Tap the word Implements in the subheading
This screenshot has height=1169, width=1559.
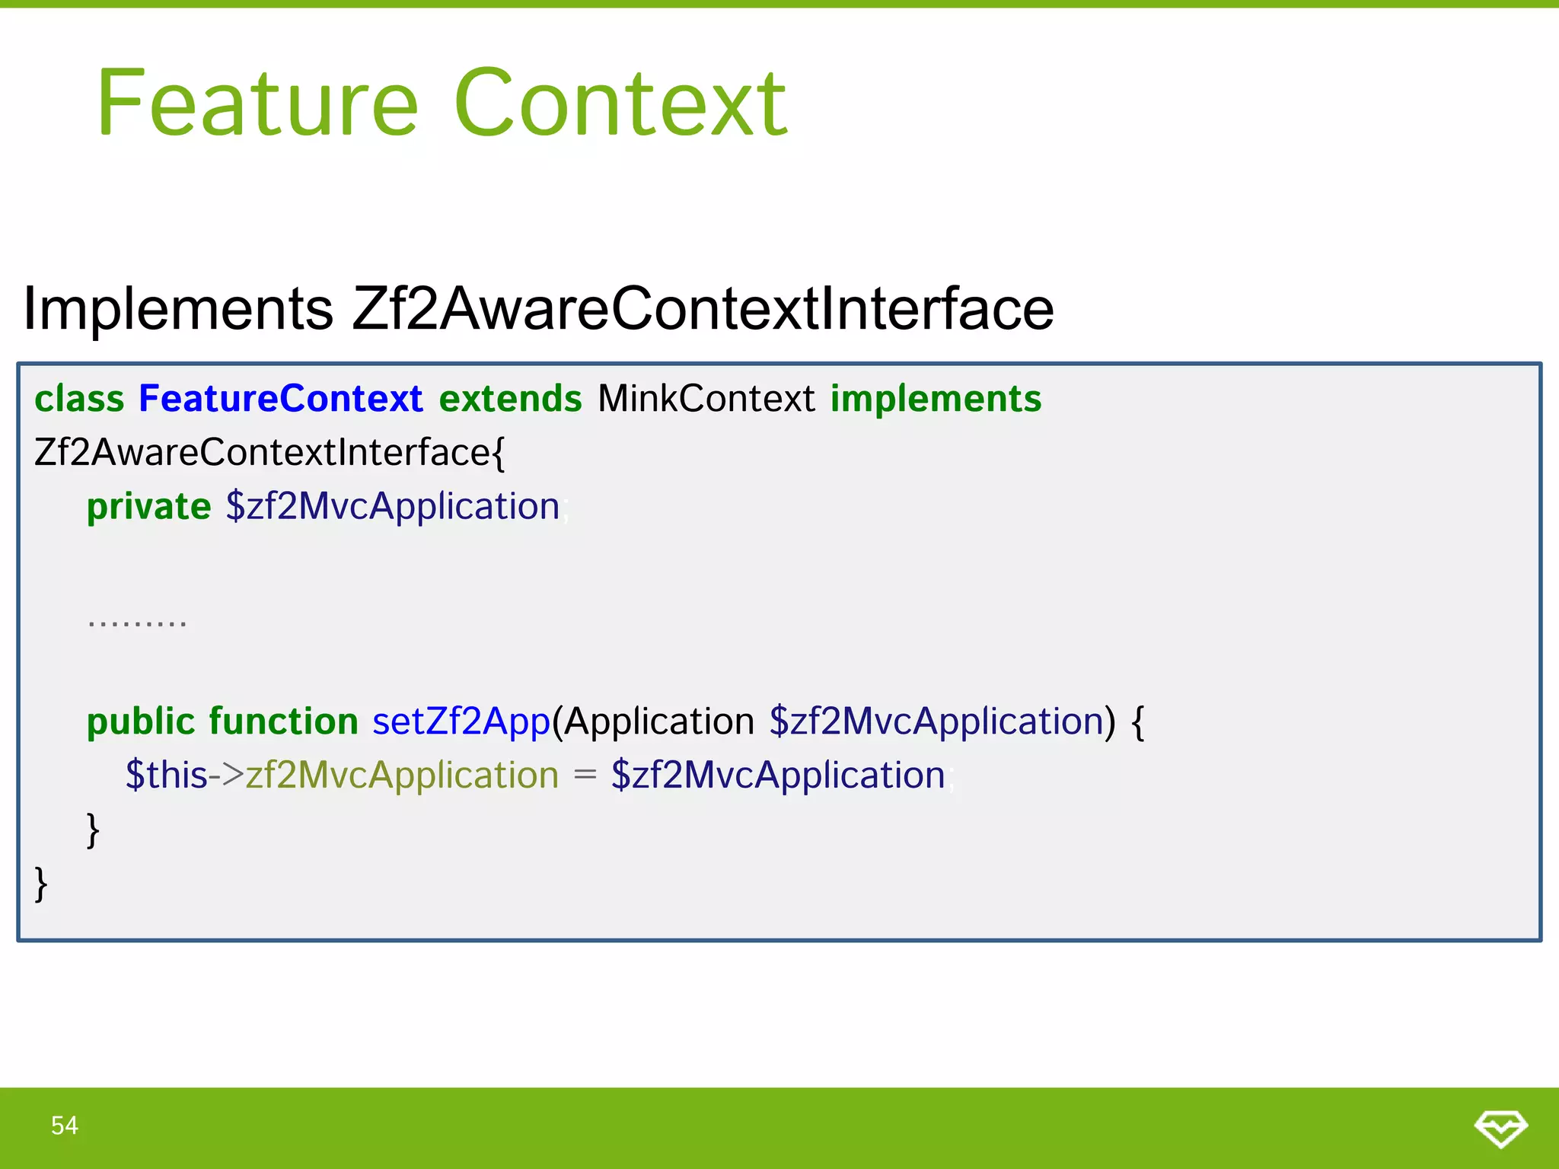(x=178, y=309)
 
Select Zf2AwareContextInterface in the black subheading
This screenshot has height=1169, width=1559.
(x=703, y=309)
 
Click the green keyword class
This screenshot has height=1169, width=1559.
(x=79, y=399)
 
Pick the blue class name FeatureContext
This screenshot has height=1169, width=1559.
(x=280, y=399)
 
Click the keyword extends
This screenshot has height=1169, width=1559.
(x=510, y=399)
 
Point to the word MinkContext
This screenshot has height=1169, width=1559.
(x=706, y=399)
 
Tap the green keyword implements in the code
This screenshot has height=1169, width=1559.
(x=936, y=399)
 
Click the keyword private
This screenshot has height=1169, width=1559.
(x=148, y=507)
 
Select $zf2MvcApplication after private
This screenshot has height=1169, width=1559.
(x=393, y=507)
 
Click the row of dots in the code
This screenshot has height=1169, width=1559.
(x=137, y=623)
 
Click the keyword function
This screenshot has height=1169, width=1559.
(x=283, y=721)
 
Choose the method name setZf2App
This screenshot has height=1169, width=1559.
(x=461, y=721)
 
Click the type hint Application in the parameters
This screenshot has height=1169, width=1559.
(x=659, y=721)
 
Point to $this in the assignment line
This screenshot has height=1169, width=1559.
(x=166, y=776)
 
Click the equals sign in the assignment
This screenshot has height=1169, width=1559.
(x=585, y=776)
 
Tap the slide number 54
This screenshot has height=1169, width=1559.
(x=65, y=1126)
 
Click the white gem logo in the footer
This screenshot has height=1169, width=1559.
(x=1500, y=1128)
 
